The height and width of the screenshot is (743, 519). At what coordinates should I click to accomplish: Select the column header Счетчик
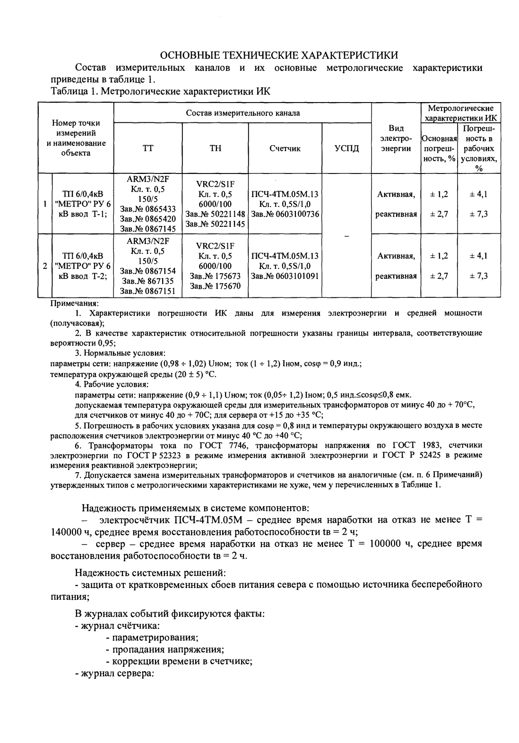(x=285, y=149)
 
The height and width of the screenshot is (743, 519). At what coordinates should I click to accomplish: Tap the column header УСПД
(x=346, y=149)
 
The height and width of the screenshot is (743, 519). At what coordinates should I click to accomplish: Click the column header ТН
(x=215, y=149)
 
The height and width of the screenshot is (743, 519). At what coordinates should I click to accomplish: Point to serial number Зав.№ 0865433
(x=148, y=209)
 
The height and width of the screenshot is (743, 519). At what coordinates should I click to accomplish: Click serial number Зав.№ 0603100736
(x=285, y=214)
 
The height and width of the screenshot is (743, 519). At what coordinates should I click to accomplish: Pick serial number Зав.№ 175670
(x=215, y=286)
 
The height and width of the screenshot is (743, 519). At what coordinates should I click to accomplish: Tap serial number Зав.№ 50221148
(x=215, y=214)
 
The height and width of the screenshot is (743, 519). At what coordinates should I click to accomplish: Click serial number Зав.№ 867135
(x=148, y=281)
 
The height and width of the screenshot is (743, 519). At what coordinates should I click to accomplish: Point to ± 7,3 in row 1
(x=478, y=214)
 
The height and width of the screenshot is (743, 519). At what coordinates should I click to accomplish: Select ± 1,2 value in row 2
(x=439, y=256)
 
